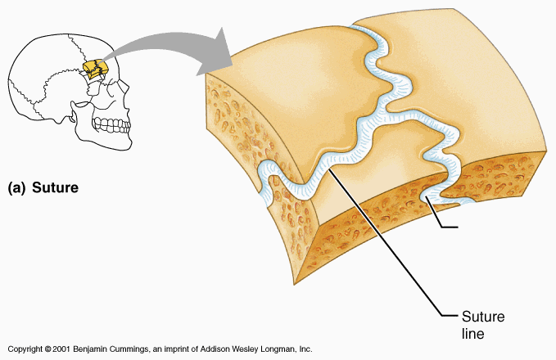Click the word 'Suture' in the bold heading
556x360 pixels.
coord(55,187)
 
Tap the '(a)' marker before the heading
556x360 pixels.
coord(17,187)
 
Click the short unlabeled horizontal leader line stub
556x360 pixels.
coord(455,226)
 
